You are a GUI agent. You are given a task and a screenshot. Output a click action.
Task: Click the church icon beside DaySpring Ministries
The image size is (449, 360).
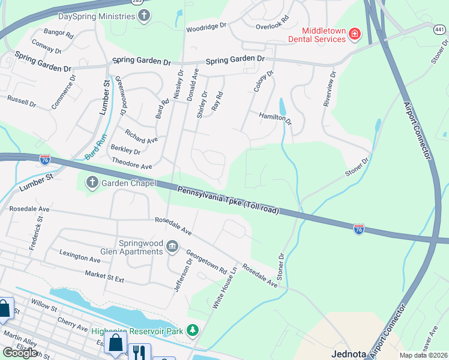point(143,17)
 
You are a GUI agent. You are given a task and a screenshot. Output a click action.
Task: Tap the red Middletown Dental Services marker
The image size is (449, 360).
point(355,34)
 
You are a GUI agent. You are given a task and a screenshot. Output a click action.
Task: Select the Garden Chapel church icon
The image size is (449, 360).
point(92,183)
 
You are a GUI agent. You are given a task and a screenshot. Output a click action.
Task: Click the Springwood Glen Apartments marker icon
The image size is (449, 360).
point(172,246)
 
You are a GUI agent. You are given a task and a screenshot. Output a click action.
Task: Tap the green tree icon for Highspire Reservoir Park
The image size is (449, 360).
point(193,330)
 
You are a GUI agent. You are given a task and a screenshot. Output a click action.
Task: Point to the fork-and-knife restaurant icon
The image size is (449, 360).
point(139,352)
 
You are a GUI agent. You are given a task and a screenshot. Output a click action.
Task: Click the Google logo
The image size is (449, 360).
point(20,353)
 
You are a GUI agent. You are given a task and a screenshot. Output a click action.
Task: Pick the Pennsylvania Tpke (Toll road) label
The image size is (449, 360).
point(228,199)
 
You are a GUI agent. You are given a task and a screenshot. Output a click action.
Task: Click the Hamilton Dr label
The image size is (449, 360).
point(275,118)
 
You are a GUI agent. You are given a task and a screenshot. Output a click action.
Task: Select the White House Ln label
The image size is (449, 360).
point(224,289)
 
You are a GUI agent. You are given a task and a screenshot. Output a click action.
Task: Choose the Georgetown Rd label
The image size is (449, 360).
point(206,262)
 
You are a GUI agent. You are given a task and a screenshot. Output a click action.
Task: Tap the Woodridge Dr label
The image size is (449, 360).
point(206,26)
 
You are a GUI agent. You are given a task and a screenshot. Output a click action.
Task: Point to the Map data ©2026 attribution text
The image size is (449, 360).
point(424,355)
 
